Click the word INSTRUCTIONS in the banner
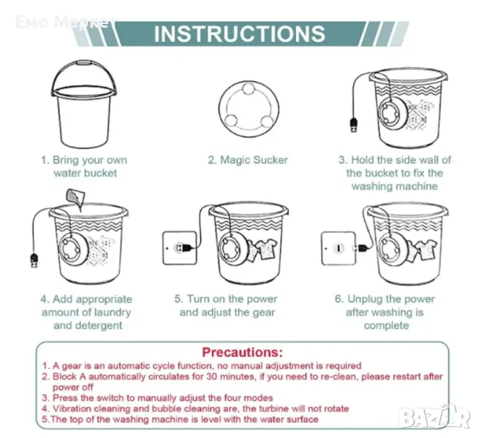(240, 34)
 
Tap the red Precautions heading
(242, 353)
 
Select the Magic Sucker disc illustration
(249, 109)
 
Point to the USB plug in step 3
(354, 125)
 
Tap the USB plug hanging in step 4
(34, 261)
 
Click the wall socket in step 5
(180, 248)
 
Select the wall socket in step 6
(339, 248)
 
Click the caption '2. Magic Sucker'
(248, 160)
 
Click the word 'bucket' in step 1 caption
(100, 173)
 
